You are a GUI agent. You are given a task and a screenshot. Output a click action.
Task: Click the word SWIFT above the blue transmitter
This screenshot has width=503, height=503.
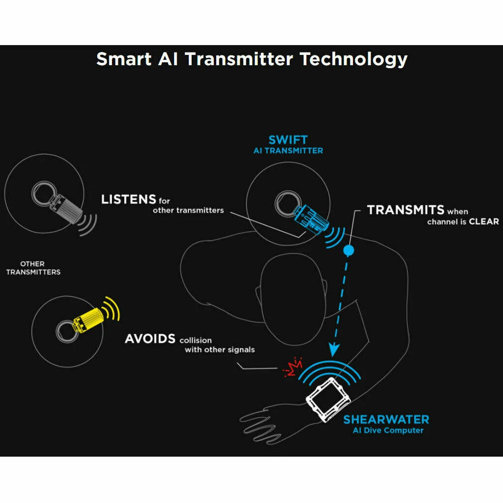pos(288,140)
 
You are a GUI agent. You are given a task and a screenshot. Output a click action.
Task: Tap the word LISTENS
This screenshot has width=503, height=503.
pos(129,199)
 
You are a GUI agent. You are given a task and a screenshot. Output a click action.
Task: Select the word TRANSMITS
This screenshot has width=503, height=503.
pos(406,210)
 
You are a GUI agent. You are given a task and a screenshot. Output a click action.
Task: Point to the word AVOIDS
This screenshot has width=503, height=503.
pos(150,339)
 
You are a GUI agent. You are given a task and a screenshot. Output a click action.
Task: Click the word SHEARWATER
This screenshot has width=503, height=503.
pos(386,420)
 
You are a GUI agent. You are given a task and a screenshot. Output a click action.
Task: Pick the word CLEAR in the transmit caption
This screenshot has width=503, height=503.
pos(484,222)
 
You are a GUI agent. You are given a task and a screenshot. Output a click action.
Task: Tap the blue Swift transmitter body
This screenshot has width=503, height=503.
pos(311,218)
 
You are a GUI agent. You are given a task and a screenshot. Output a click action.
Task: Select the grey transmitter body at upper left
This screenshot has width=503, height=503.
pos(66,207)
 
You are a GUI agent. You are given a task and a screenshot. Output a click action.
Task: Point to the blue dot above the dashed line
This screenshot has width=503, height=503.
pos(349,250)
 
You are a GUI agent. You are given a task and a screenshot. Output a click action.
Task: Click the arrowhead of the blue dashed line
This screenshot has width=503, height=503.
pos(333,350)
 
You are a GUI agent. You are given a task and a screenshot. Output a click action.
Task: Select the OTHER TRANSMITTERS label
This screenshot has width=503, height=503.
pos(33,268)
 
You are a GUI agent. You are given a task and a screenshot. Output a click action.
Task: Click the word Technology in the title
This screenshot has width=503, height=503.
pos(353,60)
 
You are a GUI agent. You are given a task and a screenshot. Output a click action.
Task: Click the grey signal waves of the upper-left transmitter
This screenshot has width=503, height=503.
pos(87,224)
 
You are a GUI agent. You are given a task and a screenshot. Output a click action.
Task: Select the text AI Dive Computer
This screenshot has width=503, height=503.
pos(388,430)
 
